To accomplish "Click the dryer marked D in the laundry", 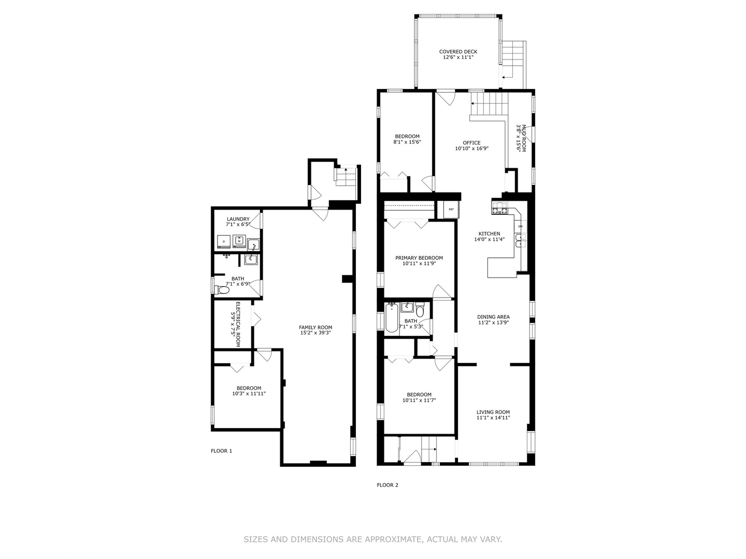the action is click(x=223, y=241).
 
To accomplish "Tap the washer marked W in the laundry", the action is click(x=239, y=241).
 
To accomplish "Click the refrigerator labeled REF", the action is click(x=451, y=210).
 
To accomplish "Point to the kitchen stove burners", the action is click(x=499, y=208).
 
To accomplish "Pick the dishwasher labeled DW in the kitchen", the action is click(x=520, y=226).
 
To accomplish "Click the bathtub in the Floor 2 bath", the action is click(x=392, y=318).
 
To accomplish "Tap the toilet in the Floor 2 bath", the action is click(x=420, y=309).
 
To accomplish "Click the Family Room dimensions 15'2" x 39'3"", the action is click(x=315, y=333).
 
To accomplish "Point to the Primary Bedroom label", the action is click(x=419, y=258).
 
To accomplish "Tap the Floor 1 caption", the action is click(x=221, y=451).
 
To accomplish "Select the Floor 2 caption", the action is click(x=388, y=485).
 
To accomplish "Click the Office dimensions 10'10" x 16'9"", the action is click(x=472, y=149).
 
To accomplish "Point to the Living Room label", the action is click(x=493, y=412).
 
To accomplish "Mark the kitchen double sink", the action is click(x=520, y=241).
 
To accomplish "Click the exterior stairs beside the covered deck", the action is click(x=514, y=65).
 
